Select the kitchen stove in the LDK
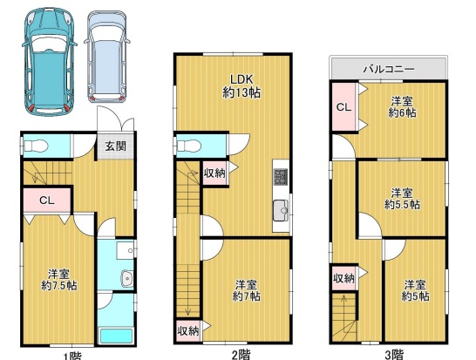tap(281, 177)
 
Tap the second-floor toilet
tap(190, 146)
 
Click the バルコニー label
tap(387, 68)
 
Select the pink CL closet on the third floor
tap(343, 107)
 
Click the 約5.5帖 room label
tap(402, 198)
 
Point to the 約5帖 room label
tap(412, 290)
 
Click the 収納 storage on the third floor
tap(343, 278)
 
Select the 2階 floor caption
tap(240, 354)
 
